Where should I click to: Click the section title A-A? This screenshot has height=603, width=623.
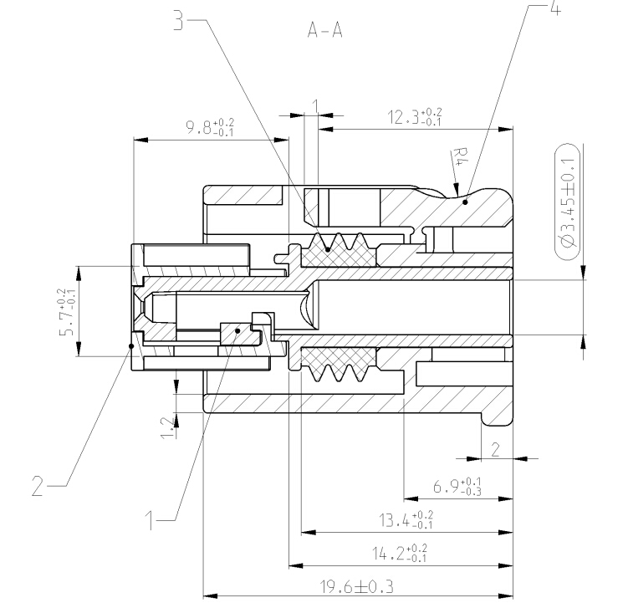[324, 31]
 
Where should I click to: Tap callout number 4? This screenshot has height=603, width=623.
[555, 9]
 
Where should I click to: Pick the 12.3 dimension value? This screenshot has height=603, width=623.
[416, 117]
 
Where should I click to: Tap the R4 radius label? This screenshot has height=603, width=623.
[459, 158]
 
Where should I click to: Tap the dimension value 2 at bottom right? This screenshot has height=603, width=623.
[495, 449]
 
